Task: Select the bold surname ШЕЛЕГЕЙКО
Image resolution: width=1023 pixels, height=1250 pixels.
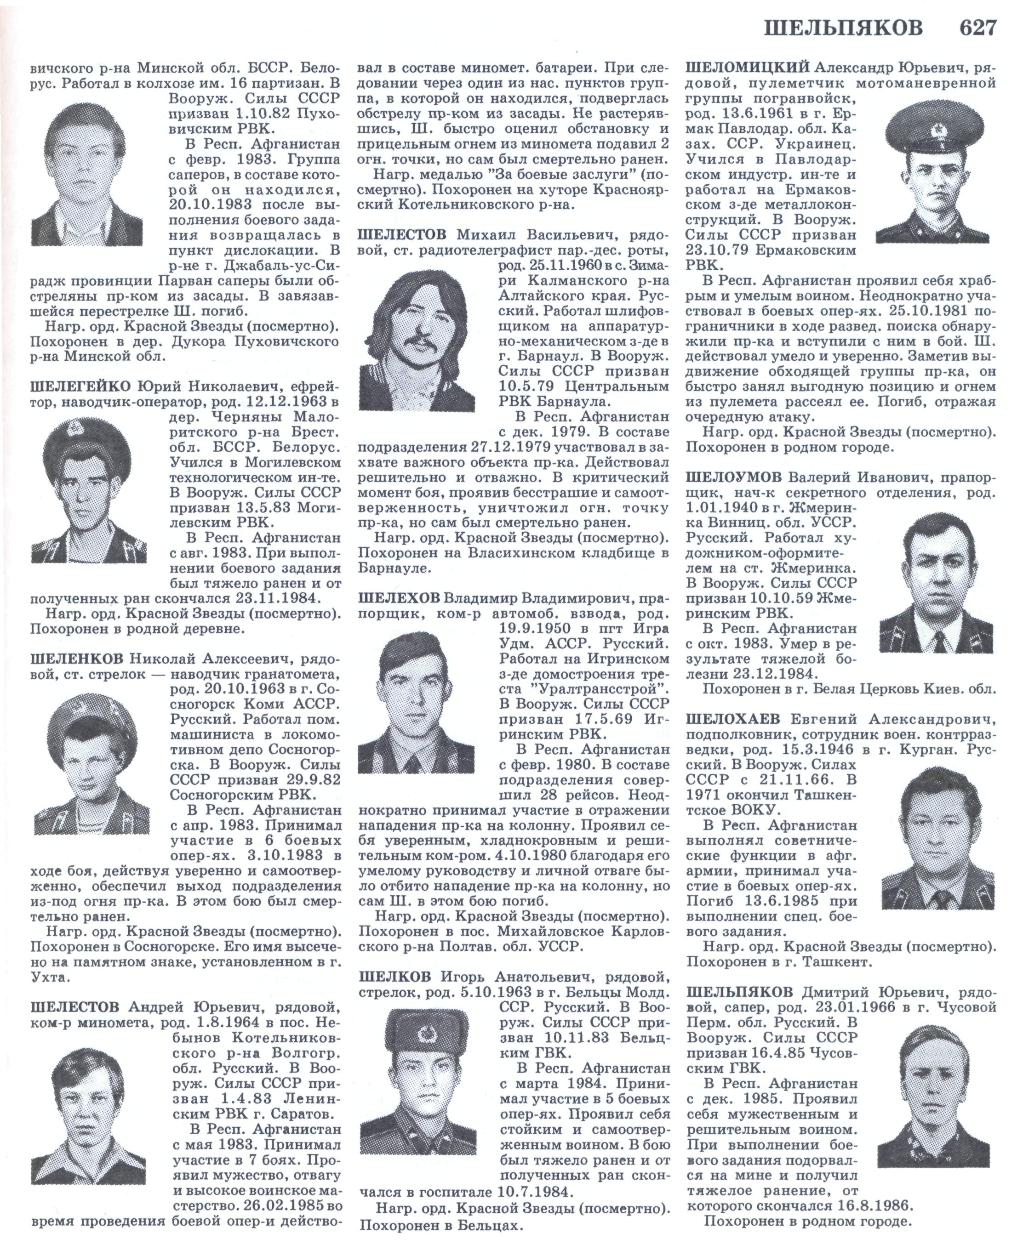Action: [81, 386]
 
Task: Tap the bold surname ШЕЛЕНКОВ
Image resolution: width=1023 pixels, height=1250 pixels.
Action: [77, 659]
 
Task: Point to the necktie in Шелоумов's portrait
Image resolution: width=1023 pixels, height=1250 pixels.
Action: [937, 640]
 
